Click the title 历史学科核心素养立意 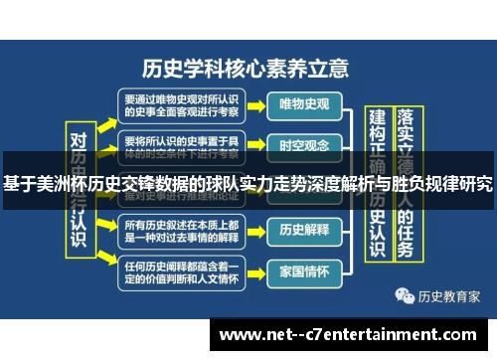pyautogui.click(x=246, y=68)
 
